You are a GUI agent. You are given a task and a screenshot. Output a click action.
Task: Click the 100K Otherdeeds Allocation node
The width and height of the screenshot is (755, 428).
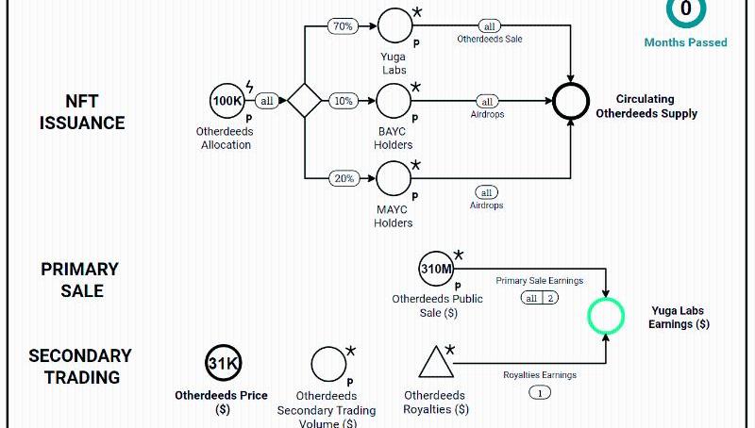226,100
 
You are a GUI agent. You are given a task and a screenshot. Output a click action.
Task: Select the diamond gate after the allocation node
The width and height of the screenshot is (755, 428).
305,100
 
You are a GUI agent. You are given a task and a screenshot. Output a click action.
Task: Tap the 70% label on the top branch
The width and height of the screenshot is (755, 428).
342,26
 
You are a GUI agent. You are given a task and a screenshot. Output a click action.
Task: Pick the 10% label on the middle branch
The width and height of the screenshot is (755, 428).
342,100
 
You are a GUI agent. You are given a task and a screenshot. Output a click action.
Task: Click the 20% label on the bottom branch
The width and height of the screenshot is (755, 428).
342,177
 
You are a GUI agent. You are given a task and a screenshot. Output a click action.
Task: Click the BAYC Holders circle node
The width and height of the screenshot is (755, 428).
394,100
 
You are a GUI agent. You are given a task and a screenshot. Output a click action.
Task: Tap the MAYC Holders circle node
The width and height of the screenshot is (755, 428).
394,177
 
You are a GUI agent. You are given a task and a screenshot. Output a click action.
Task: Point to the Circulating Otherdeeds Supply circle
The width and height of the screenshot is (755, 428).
571,101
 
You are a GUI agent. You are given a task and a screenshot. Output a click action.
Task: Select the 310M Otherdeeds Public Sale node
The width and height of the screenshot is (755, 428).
437,269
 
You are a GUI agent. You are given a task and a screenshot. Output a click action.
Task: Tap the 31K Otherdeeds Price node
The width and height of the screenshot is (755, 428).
224,364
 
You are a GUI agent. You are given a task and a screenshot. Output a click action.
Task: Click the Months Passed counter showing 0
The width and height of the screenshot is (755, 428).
686,10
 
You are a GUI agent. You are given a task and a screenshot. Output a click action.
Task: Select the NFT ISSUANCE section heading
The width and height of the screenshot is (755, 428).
82,111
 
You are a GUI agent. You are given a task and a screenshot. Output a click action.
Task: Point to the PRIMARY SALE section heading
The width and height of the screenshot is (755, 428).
80,280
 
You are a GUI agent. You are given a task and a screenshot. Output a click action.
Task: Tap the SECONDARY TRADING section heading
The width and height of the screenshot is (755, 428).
80,366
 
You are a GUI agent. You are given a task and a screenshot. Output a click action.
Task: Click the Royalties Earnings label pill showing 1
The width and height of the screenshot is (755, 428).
540,392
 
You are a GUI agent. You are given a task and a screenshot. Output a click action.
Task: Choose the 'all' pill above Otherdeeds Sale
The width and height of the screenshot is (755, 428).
489,26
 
